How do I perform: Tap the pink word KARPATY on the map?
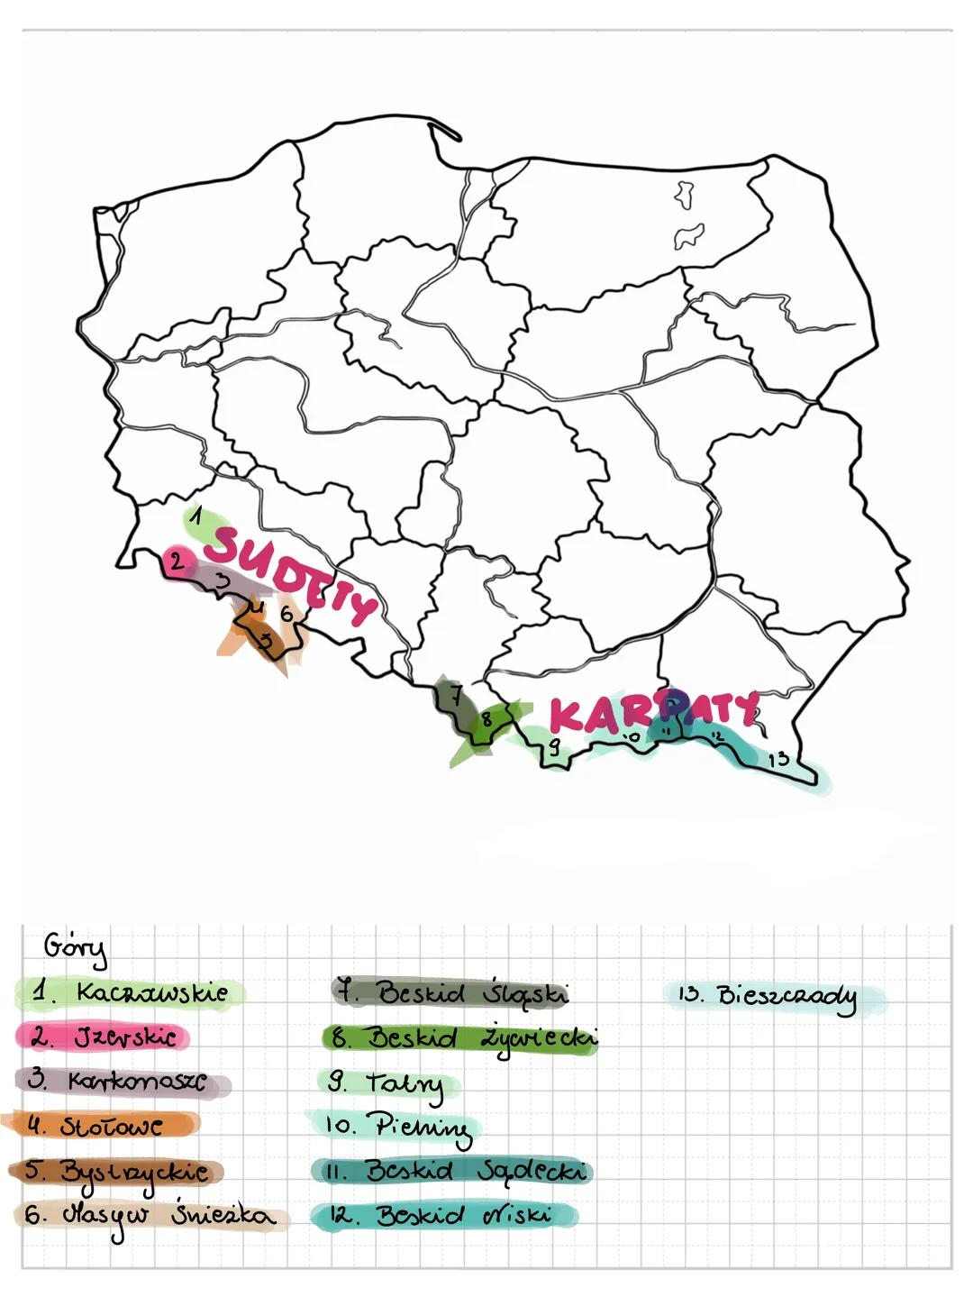pyautogui.click(x=652, y=712)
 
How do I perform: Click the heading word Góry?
pyautogui.click(x=75, y=948)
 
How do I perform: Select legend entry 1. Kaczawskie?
pyautogui.click(x=131, y=992)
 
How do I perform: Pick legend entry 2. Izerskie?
pyautogui.click(x=104, y=1037)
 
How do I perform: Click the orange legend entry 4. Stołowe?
pyautogui.click(x=99, y=1125)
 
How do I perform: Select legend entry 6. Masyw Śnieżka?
pyautogui.click(x=149, y=1216)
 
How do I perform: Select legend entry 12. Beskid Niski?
pyautogui.click(x=441, y=1215)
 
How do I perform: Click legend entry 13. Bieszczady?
pyautogui.click(x=770, y=996)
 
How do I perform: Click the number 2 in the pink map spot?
pyautogui.click(x=177, y=562)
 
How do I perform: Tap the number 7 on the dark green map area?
pyautogui.click(x=457, y=695)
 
